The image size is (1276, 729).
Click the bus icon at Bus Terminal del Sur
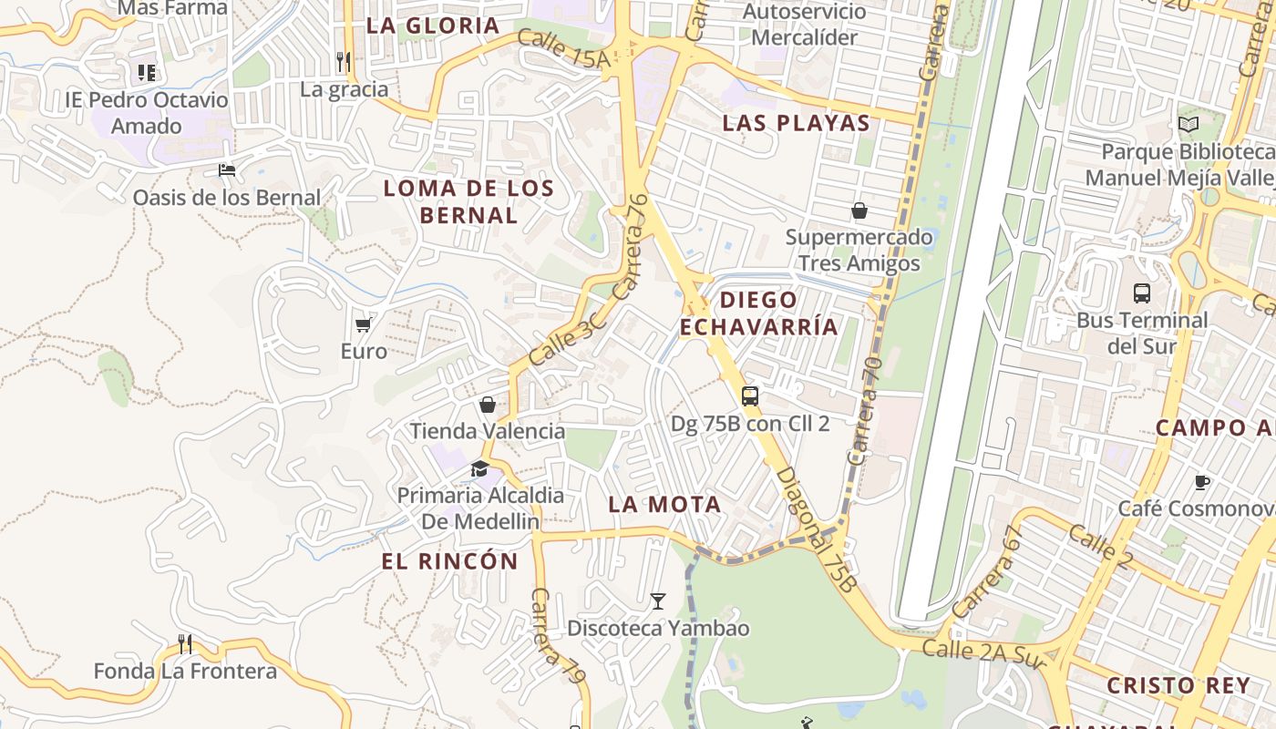(1141, 293)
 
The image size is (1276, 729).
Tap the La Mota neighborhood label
(664, 504)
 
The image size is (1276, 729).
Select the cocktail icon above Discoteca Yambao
(657, 601)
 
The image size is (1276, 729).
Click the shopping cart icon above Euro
(363, 323)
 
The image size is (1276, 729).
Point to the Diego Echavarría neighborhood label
(758, 313)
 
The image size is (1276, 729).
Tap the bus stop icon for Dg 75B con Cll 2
(749, 395)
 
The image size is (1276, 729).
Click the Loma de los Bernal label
(468, 201)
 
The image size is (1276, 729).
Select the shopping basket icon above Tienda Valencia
(488, 405)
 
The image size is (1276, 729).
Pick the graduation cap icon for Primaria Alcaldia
(479, 468)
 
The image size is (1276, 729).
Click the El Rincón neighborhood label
(449, 561)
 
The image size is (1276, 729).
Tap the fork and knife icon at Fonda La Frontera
(185, 644)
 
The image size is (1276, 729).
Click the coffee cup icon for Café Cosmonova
(1202, 482)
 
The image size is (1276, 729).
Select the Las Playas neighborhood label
(796, 123)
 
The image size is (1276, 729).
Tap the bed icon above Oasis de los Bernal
(226, 169)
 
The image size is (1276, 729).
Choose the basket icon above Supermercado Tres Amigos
(859, 211)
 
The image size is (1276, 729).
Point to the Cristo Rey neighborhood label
(1178, 685)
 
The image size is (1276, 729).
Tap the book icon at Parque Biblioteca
(1189, 124)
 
